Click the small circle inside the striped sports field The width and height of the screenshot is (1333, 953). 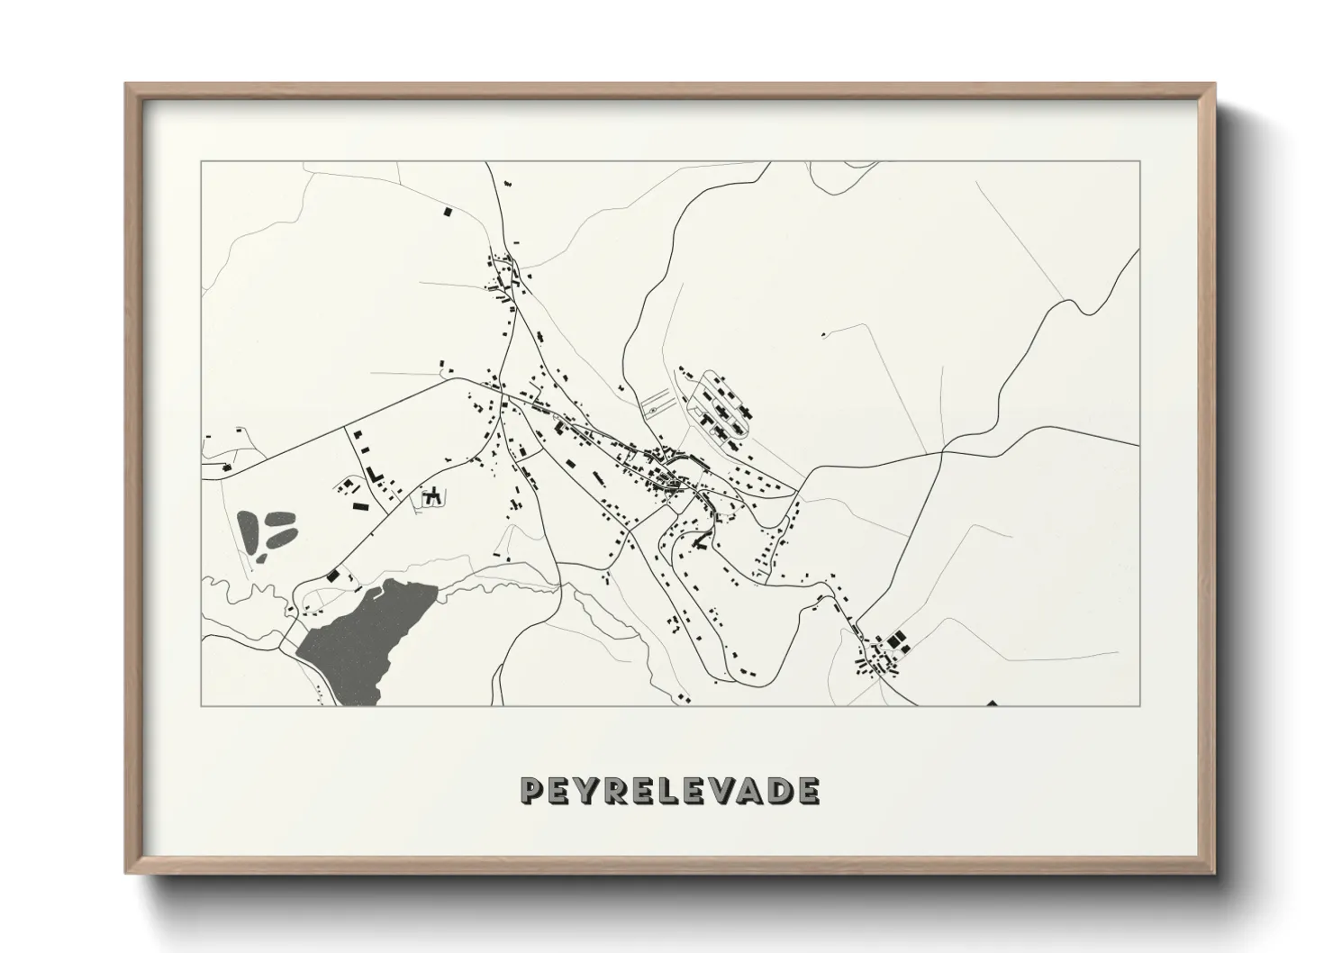click(651, 409)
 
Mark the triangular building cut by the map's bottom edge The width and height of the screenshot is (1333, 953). click(992, 703)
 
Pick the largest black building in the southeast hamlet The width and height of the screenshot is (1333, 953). click(894, 640)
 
